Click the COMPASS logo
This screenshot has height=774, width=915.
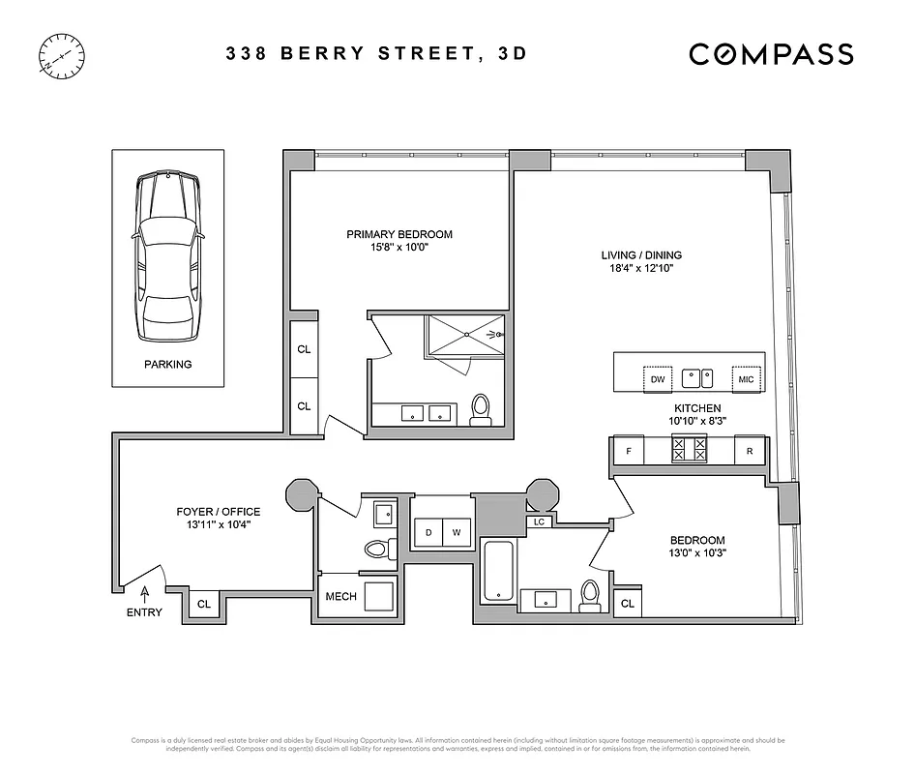[x=771, y=54]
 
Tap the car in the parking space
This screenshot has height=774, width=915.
[x=169, y=256]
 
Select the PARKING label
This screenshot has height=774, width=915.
[x=168, y=365]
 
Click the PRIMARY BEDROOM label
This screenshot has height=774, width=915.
[x=399, y=234]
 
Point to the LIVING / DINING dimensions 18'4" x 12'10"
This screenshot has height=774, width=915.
[x=641, y=269]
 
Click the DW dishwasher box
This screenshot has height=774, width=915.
[x=658, y=379]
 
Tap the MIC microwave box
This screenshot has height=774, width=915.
[x=746, y=379]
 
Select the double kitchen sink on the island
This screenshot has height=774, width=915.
[x=696, y=377]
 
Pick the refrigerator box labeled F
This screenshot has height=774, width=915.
[x=629, y=451]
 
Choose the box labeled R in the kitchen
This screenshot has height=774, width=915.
[x=749, y=451]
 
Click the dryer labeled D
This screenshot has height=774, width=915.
[x=428, y=531]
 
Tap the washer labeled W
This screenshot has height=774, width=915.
[x=457, y=531]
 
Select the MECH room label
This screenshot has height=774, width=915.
[x=340, y=597]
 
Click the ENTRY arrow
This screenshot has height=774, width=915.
[x=145, y=592]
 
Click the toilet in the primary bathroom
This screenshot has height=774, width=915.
[x=480, y=411]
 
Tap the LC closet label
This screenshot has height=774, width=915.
[x=539, y=522]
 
